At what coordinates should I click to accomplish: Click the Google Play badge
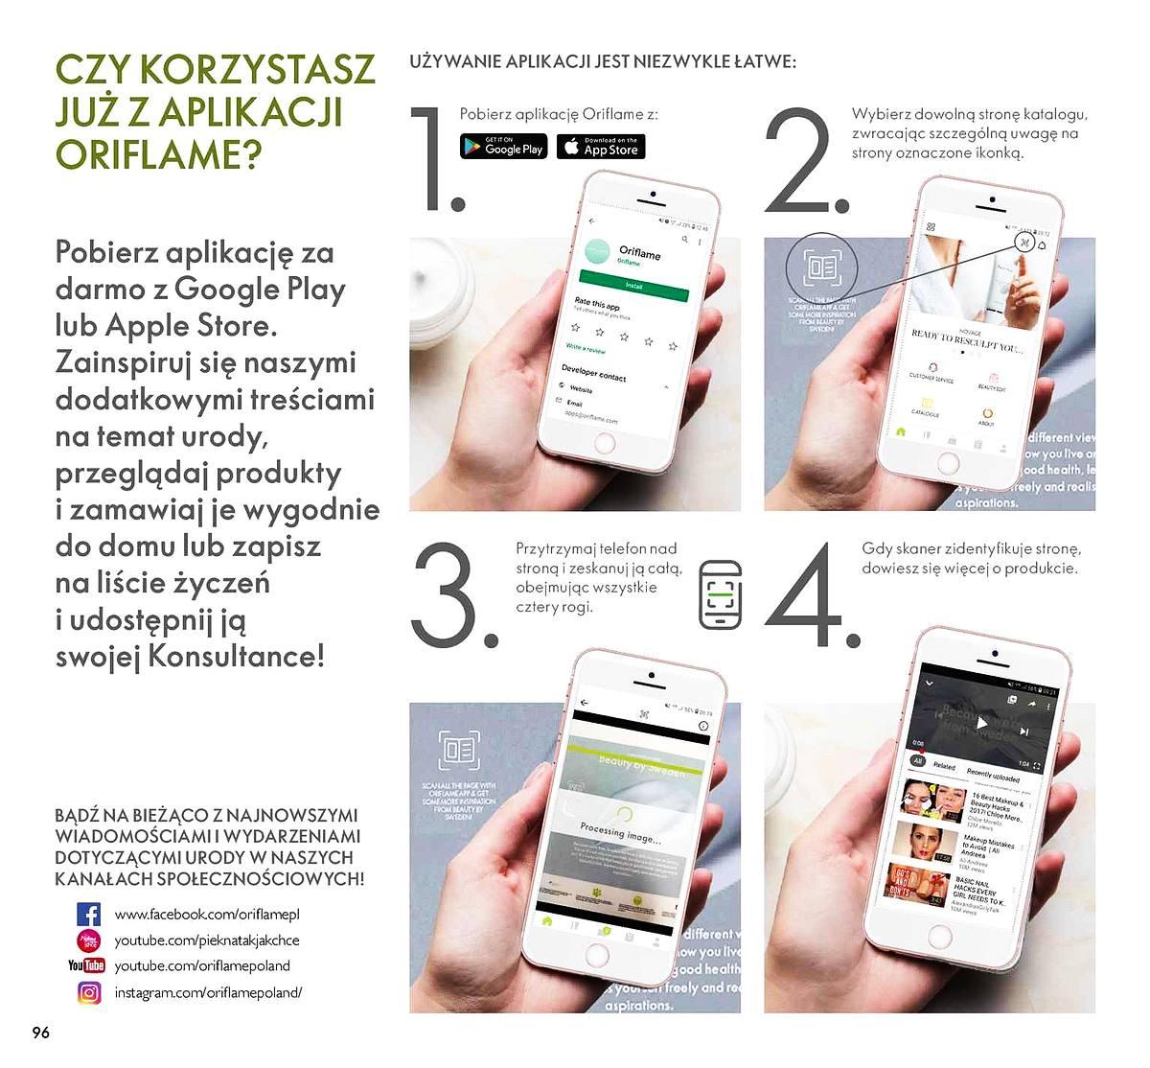tap(503, 147)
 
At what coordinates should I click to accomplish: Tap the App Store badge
tap(601, 147)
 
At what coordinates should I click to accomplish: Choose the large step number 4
tap(811, 595)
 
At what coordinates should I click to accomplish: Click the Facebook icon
tap(88, 914)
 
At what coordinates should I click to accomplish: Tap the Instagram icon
tap(88, 993)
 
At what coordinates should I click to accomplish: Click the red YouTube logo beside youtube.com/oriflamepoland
tap(86, 965)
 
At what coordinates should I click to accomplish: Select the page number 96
tap(40, 1033)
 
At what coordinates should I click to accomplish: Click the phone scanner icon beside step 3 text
tap(720, 595)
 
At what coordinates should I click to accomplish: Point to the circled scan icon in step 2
tap(821, 268)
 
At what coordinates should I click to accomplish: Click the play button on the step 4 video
tap(980, 723)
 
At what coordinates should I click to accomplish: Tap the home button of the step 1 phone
tap(604, 443)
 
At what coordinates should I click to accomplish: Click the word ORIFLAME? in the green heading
tap(158, 154)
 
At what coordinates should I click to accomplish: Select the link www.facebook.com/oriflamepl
tap(207, 915)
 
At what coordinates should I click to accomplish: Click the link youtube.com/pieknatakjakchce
tap(207, 940)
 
